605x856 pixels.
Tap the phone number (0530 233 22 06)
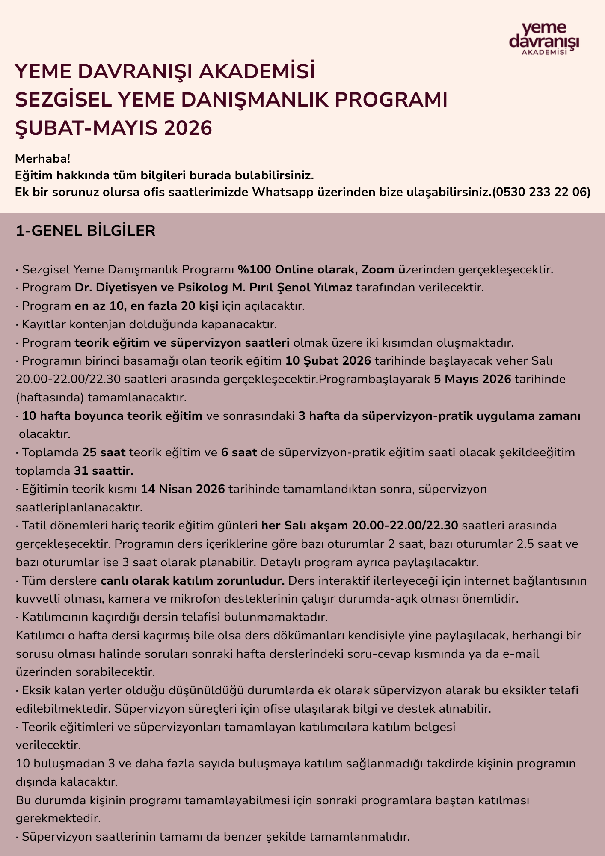(541, 192)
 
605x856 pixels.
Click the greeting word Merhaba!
(42, 159)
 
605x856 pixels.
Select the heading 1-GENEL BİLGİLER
(86, 231)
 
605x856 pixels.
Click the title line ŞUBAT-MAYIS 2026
(114, 128)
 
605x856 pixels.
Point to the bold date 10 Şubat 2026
(328, 361)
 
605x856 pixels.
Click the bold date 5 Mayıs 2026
(472, 379)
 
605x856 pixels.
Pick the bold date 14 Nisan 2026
(183, 489)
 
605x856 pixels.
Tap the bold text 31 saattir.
(104, 471)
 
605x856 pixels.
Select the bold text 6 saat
(239, 452)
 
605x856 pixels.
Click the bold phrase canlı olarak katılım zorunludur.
(193, 581)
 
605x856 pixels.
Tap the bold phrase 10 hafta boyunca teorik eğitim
(112, 416)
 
